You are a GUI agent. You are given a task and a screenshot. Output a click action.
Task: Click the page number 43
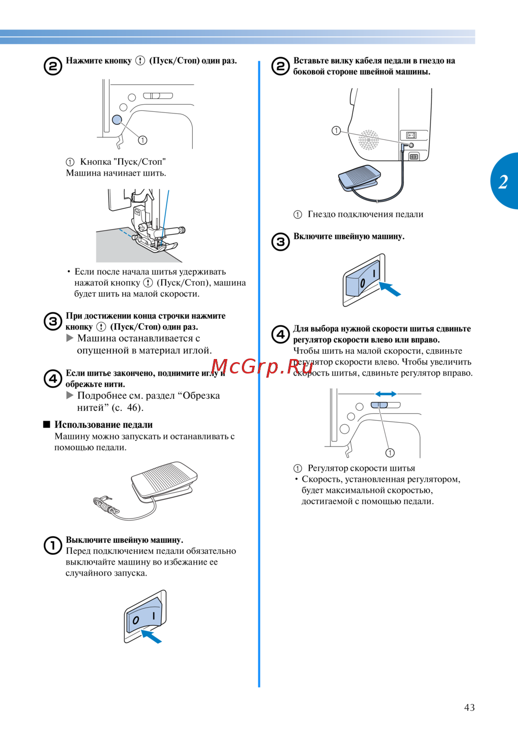click(x=469, y=707)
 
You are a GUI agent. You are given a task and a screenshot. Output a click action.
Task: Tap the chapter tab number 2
click(x=503, y=181)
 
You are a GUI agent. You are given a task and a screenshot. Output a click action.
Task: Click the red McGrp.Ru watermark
click(x=262, y=366)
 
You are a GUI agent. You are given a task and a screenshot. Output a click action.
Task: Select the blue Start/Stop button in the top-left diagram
click(x=117, y=120)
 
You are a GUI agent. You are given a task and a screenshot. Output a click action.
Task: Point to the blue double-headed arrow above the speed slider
click(x=385, y=394)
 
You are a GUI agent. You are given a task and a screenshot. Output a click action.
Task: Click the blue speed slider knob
click(x=379, y=405)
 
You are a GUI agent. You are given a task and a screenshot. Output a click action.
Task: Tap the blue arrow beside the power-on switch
click(x=390, y=289)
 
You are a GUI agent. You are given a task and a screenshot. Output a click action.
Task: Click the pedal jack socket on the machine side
click(x=411, y=145)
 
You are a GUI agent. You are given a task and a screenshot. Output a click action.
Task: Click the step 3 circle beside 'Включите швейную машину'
click(x=280, y=242)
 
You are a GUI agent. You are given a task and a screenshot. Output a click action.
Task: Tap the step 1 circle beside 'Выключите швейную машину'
click(x=53, y=546)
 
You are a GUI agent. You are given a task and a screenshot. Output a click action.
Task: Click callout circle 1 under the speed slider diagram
click(x=390, y=453)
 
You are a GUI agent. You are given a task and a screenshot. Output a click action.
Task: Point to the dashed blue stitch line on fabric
click(x=126, y=233)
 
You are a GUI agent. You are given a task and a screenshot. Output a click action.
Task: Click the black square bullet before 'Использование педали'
click(x=47, y=424)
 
